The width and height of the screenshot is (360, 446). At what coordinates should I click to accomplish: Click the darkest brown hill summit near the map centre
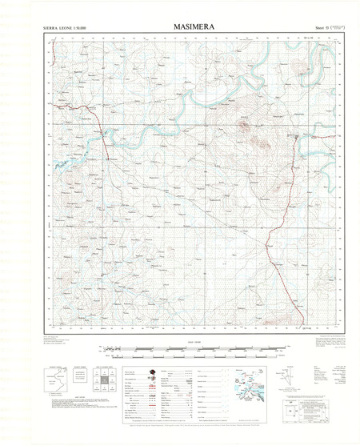coord(258,145)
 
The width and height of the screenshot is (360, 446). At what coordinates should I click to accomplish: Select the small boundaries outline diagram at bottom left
coord(54,382)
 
